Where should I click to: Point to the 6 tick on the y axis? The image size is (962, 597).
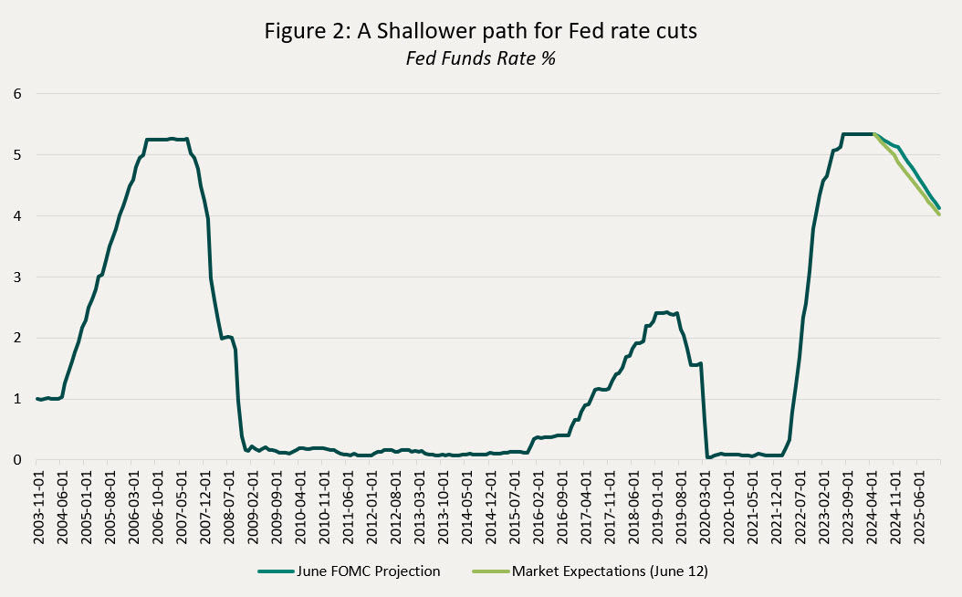point(16,93)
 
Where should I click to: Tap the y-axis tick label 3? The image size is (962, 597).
point(16,277)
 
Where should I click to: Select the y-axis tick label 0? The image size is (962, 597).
point(16,460)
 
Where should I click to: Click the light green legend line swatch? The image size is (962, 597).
point(489,571)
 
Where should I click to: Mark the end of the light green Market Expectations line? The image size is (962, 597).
point(939,214)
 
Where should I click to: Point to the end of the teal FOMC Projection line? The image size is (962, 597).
point(939,208)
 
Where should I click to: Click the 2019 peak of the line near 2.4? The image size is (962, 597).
point(667,312)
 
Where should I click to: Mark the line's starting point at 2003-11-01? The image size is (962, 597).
point(38,399)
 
